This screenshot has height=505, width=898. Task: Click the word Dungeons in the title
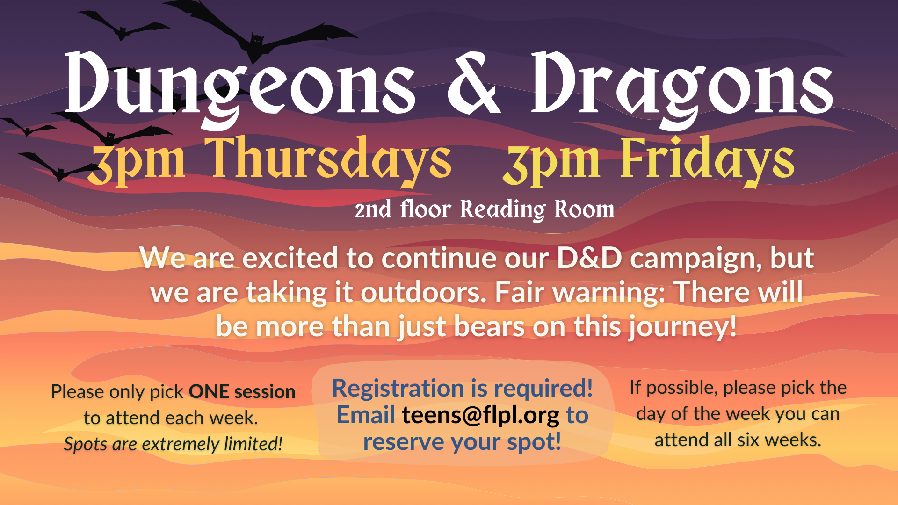point(240,89)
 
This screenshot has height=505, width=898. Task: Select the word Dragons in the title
point(682,89)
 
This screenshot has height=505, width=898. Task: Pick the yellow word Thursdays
point(328,159)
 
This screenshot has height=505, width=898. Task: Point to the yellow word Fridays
point(708,159)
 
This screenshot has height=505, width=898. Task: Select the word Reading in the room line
point(503,209)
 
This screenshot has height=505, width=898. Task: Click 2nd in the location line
point(373,209)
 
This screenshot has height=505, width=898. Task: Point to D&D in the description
point(589,258)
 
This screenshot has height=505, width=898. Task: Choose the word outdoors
point(423,292)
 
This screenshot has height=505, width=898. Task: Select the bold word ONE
point(209,392)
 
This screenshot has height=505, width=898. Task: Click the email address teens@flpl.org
point(480,415)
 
